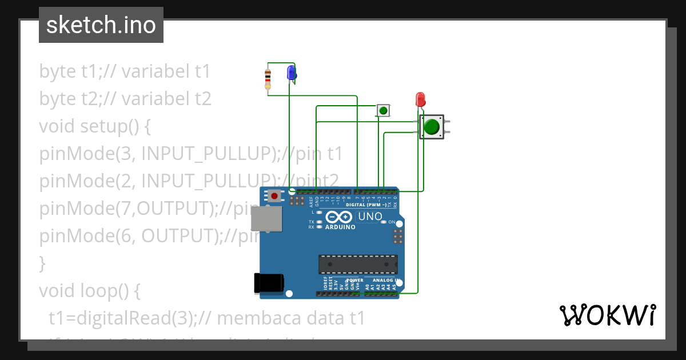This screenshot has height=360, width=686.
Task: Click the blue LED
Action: (291, 73)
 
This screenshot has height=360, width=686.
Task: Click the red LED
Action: (420, 99)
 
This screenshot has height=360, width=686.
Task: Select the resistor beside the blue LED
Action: (268, 79)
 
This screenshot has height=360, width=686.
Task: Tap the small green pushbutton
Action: (383, 110)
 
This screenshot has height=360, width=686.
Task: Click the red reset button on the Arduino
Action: (274, 196)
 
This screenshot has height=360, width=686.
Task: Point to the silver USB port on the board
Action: (267, 219)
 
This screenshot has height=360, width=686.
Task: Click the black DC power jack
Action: (268, 283)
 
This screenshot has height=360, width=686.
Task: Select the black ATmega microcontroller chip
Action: (358, 265)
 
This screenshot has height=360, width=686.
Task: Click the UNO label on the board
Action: (369, 217)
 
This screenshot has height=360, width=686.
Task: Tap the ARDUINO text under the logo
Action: (340, 227)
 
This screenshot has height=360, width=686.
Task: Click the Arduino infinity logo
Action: (340, 217)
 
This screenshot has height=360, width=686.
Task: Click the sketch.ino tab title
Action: (101, 25)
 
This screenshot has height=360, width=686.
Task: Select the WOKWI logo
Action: (607, 315)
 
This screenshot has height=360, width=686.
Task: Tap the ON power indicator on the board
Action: (391, 222)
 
